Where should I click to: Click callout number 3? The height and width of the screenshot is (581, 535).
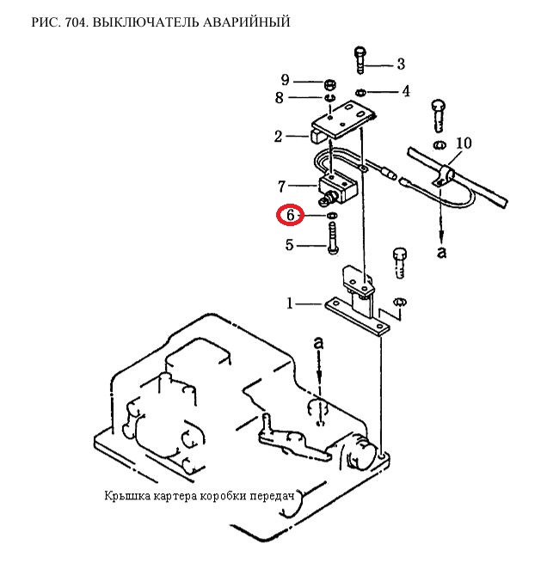click(x=400, y=64)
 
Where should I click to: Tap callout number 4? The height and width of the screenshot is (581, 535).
click(x=405, y=91)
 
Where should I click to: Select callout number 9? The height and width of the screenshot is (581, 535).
click(x=287, y=81)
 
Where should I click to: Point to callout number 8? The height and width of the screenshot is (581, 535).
click(x=279, y=98)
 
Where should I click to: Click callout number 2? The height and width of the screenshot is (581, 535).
click(x=279, y=137)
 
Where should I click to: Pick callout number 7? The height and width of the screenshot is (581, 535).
click(x=282, y=186)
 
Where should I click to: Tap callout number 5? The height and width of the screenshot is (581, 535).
click(x=290, y=246)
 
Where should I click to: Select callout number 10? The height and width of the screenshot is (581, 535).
click(x=464, y=143)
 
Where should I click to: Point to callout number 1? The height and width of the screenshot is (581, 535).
click(x=291, y=303)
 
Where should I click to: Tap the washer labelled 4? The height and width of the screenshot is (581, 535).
click(x=361, y=92)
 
